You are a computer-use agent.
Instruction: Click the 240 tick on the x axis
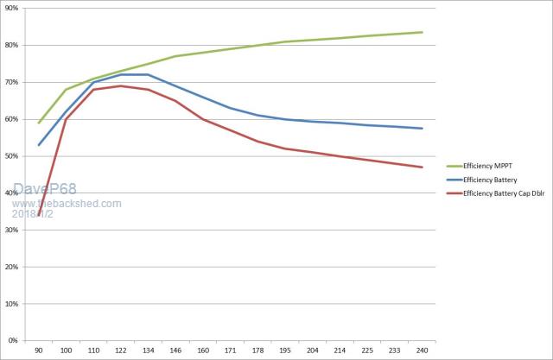(x=421, y=351)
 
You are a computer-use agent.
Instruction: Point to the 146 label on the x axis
(x=175, y=351)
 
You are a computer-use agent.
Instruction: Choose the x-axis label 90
(x=39, y=351)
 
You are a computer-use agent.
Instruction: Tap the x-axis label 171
(x=230, y=351)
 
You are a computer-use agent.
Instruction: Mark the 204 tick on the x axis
(x=312, y=351)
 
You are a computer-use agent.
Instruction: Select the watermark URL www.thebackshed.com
(x=67, y=204)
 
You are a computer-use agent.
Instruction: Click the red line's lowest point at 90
(x=39, y=215)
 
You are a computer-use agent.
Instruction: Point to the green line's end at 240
(x=421, y=32)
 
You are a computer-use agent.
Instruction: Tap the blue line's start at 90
(x=39, y=144)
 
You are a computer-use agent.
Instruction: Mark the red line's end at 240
(x=421, y=167)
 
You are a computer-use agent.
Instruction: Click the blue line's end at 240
(x=421, y=129)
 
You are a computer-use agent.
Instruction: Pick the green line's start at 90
(x=39, y=123)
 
